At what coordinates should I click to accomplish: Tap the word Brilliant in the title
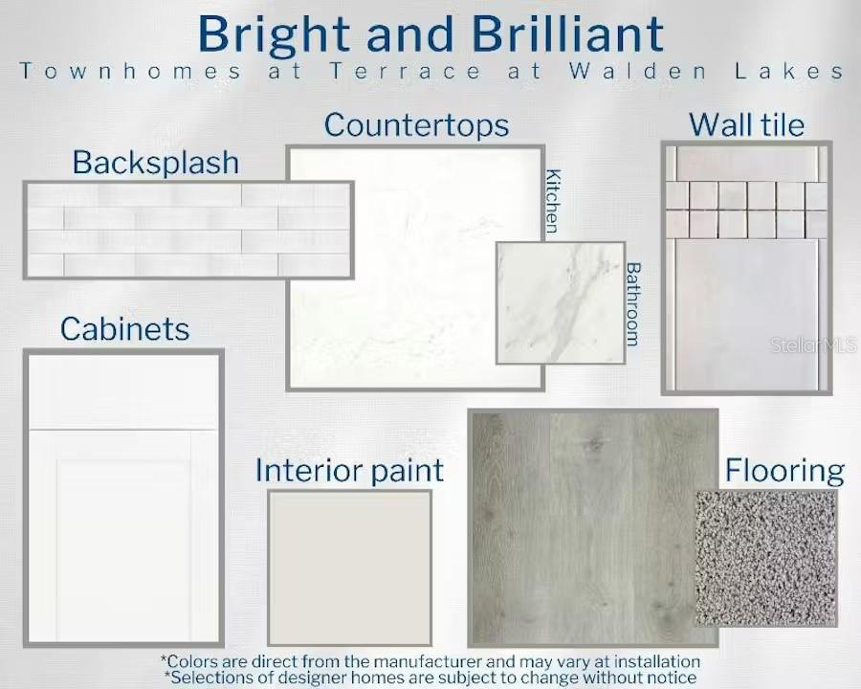coord(567,34)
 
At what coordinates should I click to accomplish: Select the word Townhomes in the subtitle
coord(130,72)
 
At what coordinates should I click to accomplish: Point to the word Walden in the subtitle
coord(637,72)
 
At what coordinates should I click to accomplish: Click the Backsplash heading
coord(156,164)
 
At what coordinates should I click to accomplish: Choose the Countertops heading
coord(416,125)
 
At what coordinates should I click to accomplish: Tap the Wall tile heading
coord(747,124)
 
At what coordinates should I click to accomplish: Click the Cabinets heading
coord(124,329)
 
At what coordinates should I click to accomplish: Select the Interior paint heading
coord(349,472)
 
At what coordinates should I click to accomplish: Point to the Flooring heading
coord(784,472)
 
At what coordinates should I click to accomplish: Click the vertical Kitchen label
coord(552,201)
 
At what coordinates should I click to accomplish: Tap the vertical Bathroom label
coord(633,304)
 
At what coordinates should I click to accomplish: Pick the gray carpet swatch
coord(766,558)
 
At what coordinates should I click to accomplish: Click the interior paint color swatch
coord(350,567)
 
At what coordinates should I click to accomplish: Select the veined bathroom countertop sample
coord(561,302)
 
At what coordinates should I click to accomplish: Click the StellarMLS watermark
coord(813,345)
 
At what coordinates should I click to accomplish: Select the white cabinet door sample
coord(123,498)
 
